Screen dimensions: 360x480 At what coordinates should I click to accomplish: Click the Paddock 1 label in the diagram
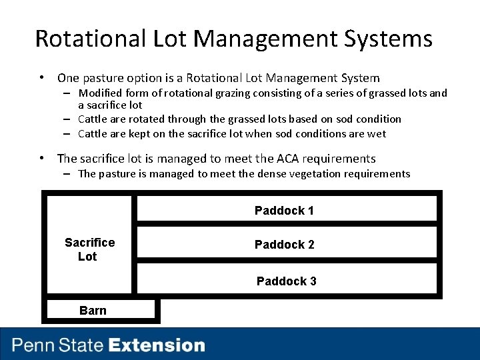pos(284,211)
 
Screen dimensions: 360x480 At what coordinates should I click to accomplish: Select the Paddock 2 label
pos(284,245)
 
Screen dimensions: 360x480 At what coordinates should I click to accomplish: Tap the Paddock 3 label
pos(286,281)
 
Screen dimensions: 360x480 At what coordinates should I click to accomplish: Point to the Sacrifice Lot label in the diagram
pos(89,249)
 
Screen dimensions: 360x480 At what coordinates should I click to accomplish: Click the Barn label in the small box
pos(93,311)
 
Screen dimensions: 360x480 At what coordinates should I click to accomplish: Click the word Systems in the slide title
pos(388,39)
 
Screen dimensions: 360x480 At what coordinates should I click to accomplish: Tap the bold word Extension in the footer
pos(157,345)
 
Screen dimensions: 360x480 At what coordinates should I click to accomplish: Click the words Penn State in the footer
pos(58,345)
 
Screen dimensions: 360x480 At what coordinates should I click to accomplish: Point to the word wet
pos(377,133)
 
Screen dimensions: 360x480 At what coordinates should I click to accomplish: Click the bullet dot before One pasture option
pos(42,78)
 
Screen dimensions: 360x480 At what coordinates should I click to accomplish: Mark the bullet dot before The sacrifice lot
pos(42,159)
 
